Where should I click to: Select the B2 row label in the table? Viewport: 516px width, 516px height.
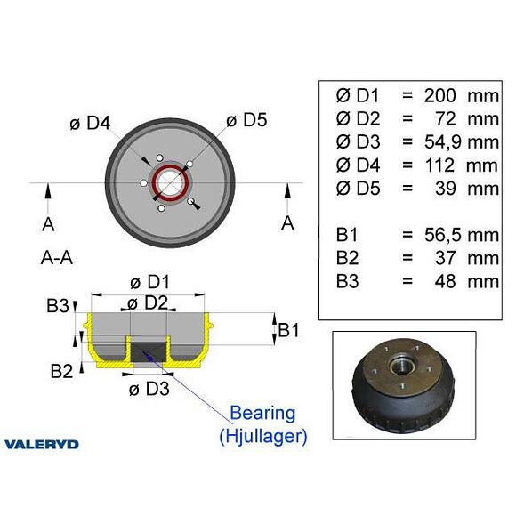point(348,259)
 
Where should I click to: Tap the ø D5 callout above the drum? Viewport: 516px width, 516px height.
point(248,119)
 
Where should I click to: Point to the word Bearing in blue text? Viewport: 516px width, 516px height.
point(262,413)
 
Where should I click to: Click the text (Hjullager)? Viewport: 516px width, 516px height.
point(263,436)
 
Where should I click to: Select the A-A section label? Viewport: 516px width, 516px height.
point(56,258)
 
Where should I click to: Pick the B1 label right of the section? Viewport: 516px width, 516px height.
point(288,331)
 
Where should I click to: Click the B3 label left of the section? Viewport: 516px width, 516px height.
point(58,306)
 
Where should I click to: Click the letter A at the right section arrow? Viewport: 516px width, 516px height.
point(287,222)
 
